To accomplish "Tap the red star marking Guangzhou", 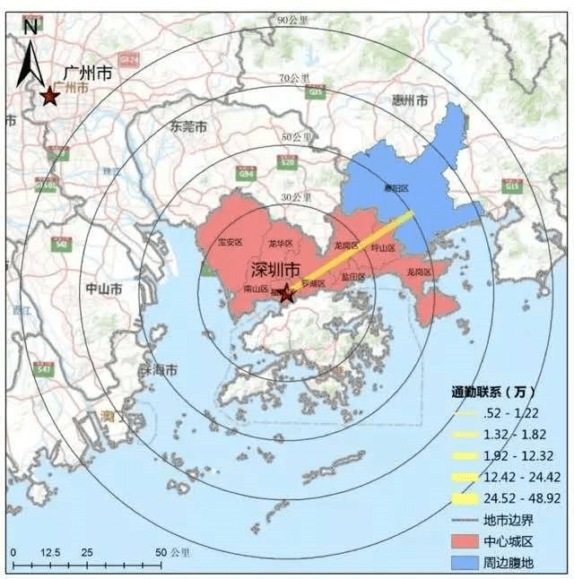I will coord(48,96).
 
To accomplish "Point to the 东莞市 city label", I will coord(189,127).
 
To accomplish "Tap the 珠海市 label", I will coord(158,369).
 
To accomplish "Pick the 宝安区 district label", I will coord(230,242).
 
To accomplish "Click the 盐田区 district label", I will coord(352,277).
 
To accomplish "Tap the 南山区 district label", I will coord(257,289).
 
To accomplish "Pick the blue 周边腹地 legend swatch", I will coord(468,561).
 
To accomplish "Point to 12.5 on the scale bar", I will coord(51,552).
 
